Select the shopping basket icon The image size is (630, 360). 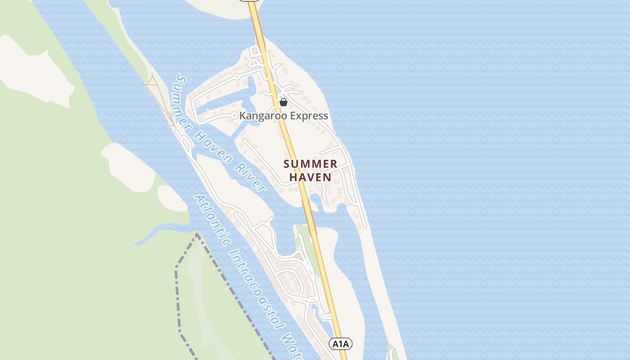pos(283,103)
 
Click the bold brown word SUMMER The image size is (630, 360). pos(310,164)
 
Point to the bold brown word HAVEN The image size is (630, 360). pos(310,177)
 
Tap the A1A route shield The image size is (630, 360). pos(341,344)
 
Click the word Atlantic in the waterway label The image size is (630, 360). pos(211,220)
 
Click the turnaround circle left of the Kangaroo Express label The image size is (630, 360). pos(234,116)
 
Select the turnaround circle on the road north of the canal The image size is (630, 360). pos(236,76)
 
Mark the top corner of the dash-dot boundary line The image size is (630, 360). pos(197,234)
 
